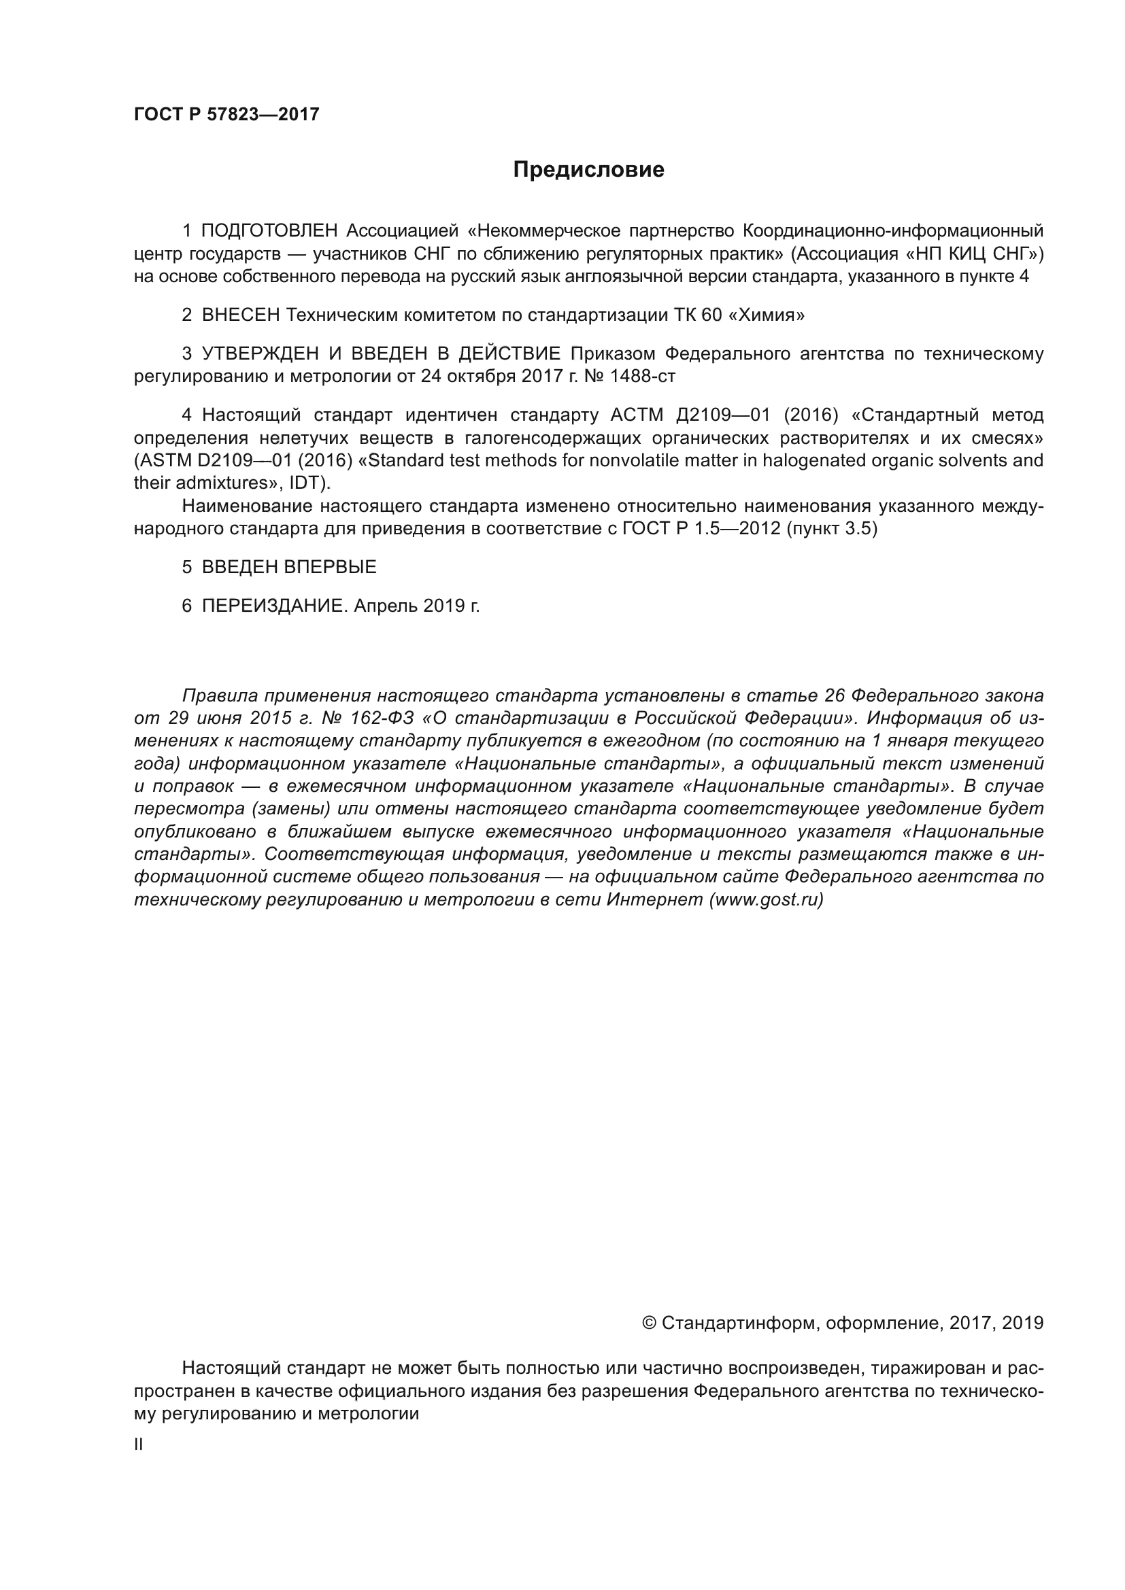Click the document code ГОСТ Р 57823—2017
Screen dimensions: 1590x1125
(226, 114)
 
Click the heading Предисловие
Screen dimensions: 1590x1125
(588, 170)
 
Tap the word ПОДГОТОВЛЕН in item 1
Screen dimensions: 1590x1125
(269, 230)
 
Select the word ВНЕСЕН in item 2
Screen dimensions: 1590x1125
(241, 315)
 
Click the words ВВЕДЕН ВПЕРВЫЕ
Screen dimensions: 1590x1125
(289, 567)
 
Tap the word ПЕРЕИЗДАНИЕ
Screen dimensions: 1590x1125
(273, 606)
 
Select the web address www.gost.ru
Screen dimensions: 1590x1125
(765, 899)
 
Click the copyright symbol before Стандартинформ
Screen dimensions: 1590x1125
(649, 1324)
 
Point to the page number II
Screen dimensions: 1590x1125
(139, 1445)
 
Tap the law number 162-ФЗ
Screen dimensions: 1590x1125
(382, 717)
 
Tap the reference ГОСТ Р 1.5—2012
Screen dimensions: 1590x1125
(701, 529)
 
